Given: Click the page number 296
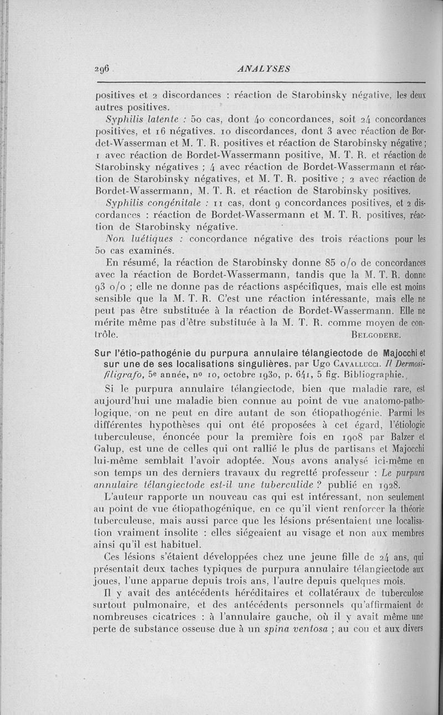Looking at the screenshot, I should tap(104, 69).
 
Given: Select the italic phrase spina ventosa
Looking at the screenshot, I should tap(300, 630).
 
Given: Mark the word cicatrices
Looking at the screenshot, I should tap(164, 618).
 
